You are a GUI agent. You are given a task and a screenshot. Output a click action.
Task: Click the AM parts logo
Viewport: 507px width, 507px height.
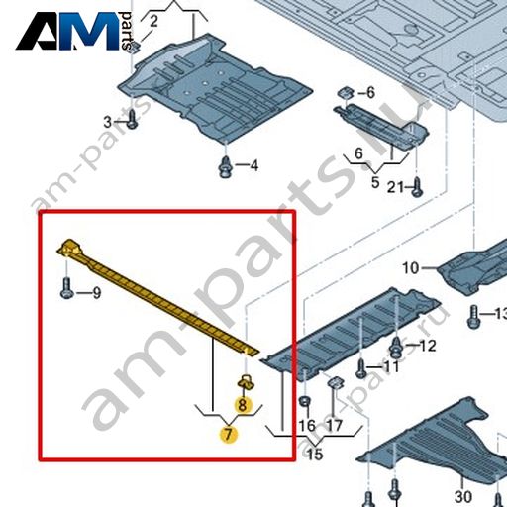74,31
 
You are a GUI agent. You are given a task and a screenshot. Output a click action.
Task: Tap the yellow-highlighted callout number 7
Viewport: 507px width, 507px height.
229,434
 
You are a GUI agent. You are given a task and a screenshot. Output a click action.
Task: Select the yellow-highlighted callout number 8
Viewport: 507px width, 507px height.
243,405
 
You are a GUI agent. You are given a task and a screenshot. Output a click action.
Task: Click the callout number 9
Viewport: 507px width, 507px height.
96,293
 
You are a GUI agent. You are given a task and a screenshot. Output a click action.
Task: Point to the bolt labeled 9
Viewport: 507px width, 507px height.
66,288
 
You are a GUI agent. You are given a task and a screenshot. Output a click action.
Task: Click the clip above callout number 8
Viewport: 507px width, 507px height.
247,382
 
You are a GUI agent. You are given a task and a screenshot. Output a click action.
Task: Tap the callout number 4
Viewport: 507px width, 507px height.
253,165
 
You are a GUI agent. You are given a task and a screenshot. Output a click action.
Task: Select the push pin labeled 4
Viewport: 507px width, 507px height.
226,167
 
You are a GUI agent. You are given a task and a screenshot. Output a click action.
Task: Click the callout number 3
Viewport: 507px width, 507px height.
108,122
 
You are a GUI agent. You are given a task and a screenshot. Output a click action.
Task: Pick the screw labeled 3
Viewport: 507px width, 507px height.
133,119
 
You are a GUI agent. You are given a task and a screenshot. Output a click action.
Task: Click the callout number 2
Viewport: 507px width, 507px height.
153,22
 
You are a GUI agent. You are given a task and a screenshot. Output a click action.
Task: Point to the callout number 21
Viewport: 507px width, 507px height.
395,187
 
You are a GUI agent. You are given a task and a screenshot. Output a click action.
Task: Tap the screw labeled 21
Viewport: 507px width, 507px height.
418,187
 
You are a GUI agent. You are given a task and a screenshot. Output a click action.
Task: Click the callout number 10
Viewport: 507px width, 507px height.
411,268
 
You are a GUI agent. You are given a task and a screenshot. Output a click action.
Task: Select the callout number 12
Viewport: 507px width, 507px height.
428,346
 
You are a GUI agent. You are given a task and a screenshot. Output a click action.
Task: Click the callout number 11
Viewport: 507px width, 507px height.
391,366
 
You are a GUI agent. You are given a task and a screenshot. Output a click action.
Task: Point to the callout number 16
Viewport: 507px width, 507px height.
307,425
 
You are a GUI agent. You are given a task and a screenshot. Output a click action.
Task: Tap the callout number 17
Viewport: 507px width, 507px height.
334,425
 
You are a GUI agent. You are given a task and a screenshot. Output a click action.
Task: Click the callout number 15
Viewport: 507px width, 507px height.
315,455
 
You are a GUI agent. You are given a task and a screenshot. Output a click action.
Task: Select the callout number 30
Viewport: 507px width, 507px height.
463,496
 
